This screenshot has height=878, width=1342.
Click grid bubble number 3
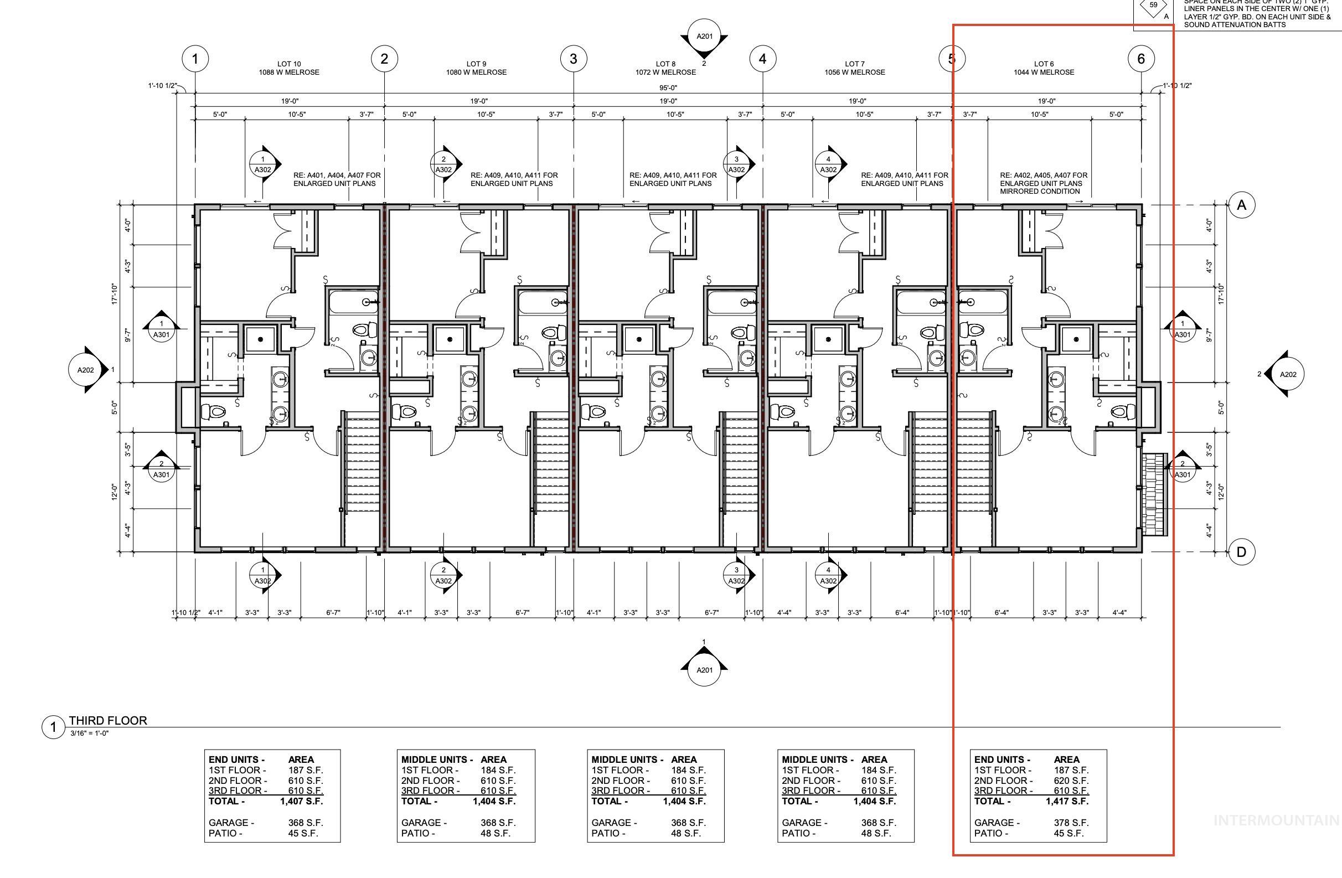[x=574, y=59]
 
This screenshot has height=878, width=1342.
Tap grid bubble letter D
[x=1241, y=552]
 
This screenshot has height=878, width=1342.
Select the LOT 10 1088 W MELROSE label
[x=289, y=68]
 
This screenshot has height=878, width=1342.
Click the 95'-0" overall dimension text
[x=668, y=87]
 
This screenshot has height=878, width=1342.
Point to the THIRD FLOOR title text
[x=108, y=721]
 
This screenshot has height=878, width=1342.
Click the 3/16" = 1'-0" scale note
[x=89, y=734]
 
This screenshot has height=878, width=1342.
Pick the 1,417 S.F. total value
[x=1067, y=801]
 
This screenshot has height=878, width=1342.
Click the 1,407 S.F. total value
[x=301, y=801]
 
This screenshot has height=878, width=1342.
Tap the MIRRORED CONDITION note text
[x=1040, y=191]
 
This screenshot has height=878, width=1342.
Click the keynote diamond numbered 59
[x=1154, y=6]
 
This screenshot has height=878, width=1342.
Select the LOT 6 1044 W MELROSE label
[x=1044, y=68]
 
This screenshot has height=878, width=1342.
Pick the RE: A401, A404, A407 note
[x=337, y=179]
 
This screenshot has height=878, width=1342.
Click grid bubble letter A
[x=1241, y=205]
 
